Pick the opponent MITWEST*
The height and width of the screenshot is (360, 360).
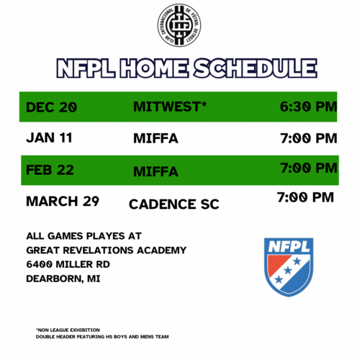tap(170, 107)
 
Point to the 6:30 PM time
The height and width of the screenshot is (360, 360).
tap(308, 107)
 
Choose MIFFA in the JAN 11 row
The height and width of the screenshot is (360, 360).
tap(156, 138)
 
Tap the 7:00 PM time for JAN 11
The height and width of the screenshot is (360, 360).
tap(308, 137)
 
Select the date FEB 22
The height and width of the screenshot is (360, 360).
tap(50, 171)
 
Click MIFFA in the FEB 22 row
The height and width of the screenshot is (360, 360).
tap(156, 171)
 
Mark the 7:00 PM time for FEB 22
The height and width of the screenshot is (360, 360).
tap(308, 168)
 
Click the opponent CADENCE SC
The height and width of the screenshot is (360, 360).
tap(174, 204)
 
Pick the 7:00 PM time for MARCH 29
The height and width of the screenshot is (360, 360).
tap(306, 196)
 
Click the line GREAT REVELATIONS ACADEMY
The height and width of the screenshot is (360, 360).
tap(106, 250)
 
